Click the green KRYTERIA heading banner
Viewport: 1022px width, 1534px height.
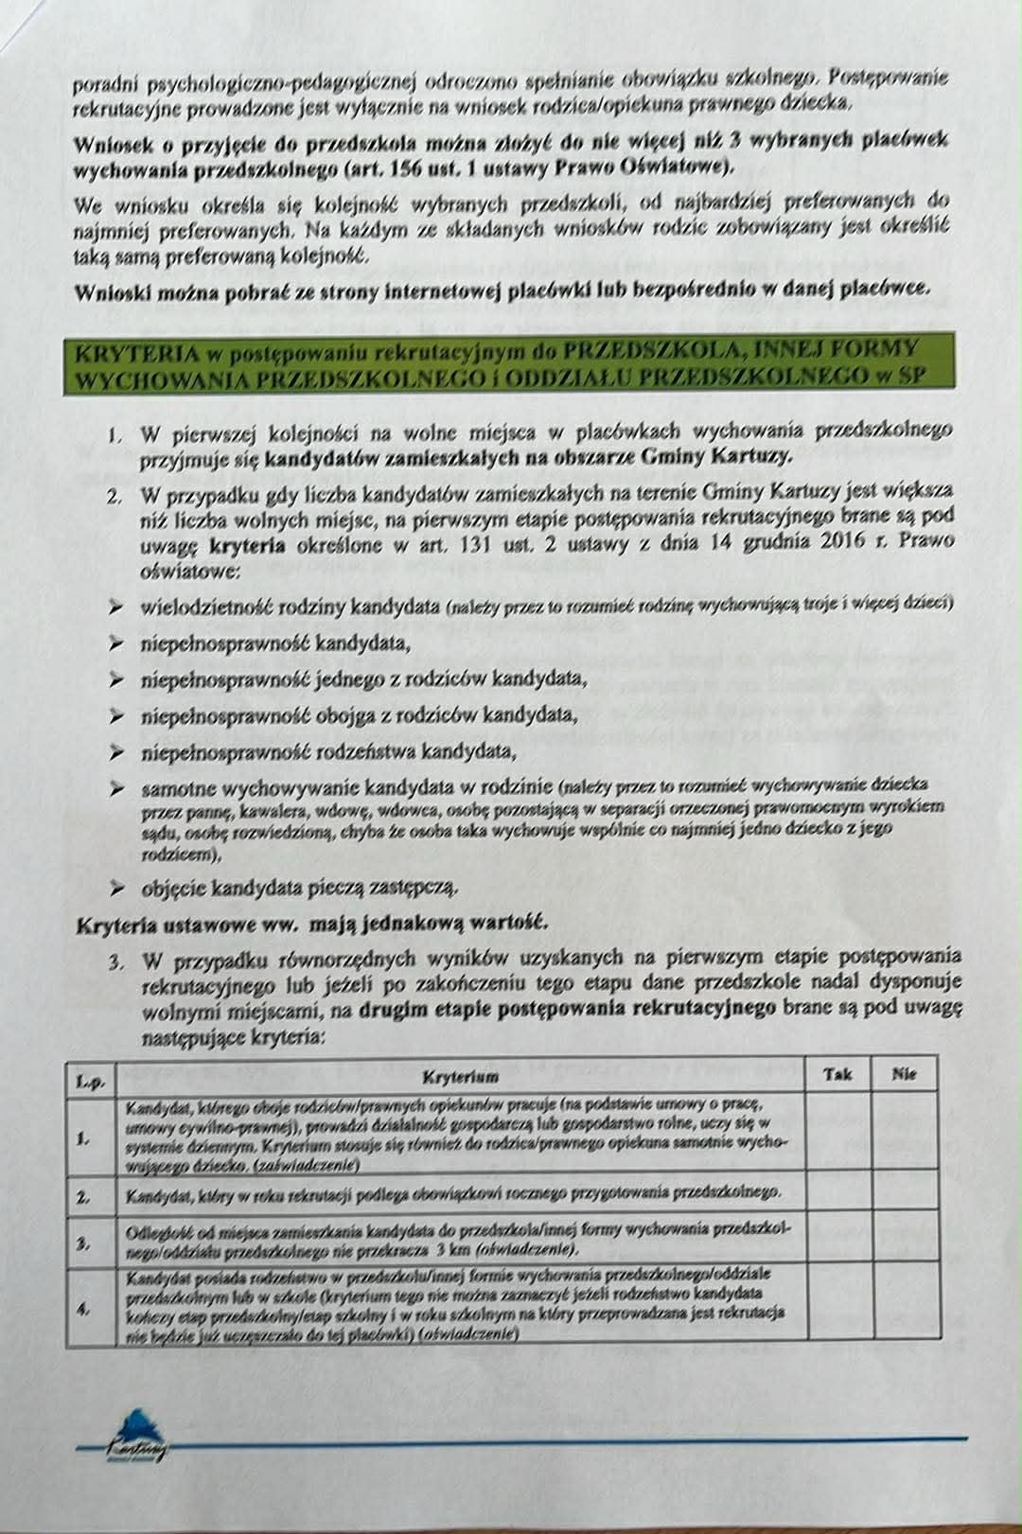(509, 363)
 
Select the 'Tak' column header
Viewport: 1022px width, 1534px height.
(837, 1074)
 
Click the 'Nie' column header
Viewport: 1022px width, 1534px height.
(905, 1074)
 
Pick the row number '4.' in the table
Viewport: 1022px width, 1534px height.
(84, 1311)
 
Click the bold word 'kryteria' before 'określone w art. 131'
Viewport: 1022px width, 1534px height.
(247, 545)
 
